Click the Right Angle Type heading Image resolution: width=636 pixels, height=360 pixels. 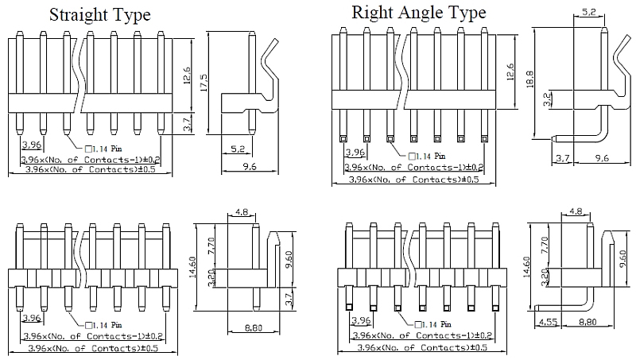point(419,13)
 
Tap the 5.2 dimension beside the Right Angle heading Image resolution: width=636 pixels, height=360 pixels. point(590,12)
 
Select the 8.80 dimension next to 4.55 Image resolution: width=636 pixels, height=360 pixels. point(588,323)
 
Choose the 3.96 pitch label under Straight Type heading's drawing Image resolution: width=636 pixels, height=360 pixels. point(31,145)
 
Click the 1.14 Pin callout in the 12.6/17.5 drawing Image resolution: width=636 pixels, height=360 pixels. point(104,148)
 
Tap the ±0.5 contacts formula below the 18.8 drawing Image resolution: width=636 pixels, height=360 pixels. point(414,180)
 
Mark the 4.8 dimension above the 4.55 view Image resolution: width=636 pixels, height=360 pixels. point(576,212)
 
